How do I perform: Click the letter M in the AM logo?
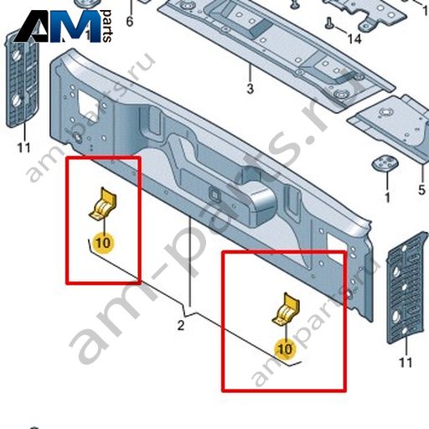click(74, 27)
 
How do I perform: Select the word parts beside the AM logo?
click(107, 26)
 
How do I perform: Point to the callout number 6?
click(130, 22)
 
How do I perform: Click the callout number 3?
click(250, 89)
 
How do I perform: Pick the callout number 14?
click(354, 39)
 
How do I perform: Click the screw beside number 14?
click(329, 23)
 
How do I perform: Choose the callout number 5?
click(421, 190)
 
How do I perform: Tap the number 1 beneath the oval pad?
click(387, 198)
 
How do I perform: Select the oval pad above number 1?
click(385, 163)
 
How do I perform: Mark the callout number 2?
click(181, 325)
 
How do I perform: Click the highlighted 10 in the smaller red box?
click(103, 242)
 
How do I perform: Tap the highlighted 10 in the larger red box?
click(285, 349)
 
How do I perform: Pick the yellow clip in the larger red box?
click(287, 309)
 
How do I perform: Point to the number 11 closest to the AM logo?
click(24, 147)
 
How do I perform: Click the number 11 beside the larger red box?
click(406, 363)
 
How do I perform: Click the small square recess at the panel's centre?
click(215, 194)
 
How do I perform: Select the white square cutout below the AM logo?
click(88, 105)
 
